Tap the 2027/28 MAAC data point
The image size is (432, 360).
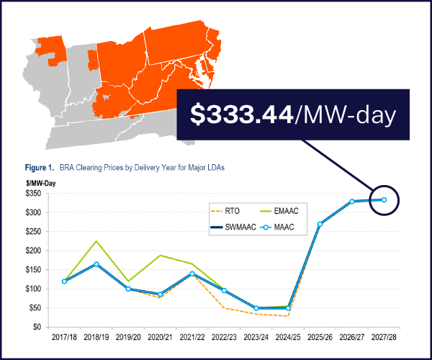click(x=384, y=199)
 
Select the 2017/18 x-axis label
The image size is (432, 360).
click(x=65, y=337)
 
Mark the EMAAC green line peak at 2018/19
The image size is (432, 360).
click(x=96, y=241)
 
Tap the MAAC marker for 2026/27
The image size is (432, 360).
click(x=352, y=202)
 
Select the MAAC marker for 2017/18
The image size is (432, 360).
click(x=65, y=282)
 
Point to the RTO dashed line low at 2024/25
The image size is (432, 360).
click(x=288, y=315)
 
